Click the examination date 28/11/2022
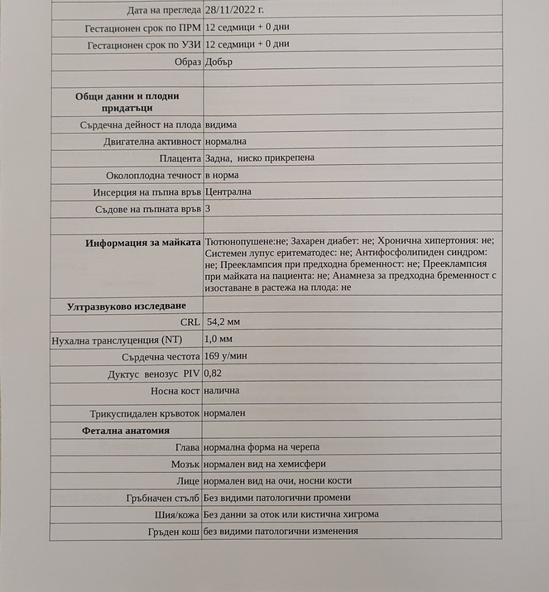(x=235, y=10)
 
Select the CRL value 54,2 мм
(x=223, y=322)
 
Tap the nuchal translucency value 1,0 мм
(x=218, y=338)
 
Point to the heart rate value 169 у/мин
(x=225, y=356)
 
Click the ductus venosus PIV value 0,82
(x=213, y=373)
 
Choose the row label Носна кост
(x=175, y=391)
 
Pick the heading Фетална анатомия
(x=126, y=431)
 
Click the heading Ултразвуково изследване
(x=126, y=306)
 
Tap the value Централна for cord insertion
(x=228, y=192)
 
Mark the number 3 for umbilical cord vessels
(x=208, y=209)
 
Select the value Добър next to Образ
(x=219, y=62)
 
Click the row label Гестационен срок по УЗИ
(x=144, y=45)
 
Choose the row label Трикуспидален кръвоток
(x=145, y=414)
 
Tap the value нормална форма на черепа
(x=261, y=447)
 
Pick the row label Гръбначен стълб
(x=163, y=498)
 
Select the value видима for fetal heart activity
(x=221, y=124)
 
